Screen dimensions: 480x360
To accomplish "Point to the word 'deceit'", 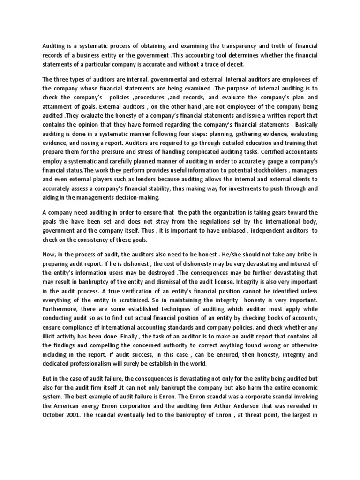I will click(x=234, y=64).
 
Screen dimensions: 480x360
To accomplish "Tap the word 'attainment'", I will click(x=58, y=106).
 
